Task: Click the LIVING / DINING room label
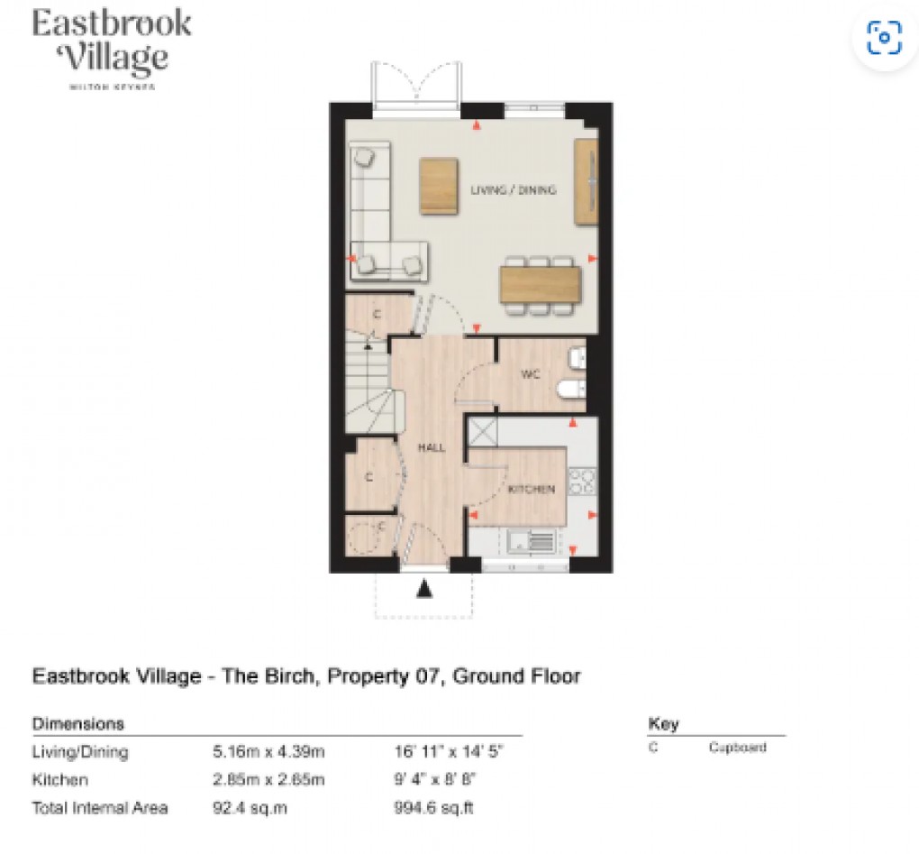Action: [513, 190]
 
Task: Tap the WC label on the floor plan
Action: [530, 375]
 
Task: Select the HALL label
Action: [431, 447]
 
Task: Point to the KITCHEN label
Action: [531, 489]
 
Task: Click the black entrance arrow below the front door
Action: [424, 591]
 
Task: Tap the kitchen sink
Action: [530, 541]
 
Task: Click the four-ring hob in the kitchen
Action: [582, 482]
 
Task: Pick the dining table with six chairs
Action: [537, 283]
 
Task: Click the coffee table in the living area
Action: [439, 186]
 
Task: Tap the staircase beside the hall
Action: [369, 388]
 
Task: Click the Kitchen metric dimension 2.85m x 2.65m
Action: [268, 780]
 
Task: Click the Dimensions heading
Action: [78, 724]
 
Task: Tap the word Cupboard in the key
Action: [737, 748]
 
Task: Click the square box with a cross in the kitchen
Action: [482, 431]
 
